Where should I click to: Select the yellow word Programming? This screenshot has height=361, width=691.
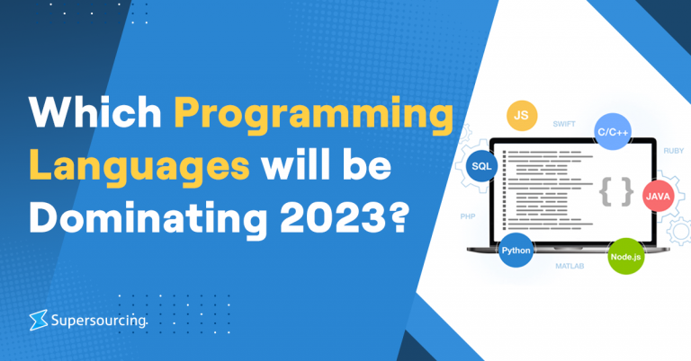pyautogui.click(x=313, y=117)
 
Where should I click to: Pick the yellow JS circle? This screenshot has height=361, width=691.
pyautogui.click(x=520, y=116)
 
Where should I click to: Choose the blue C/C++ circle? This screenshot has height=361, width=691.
pyautogui.click(x=613, y=132)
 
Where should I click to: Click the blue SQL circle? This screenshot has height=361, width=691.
pyautogui.click(x=481, y=167)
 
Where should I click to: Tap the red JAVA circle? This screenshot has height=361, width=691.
pyautogui.click(x=660, y=195)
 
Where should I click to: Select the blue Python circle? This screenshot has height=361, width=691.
pyautogui.click(x=516, y=251)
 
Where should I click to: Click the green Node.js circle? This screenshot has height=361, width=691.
pyautogui.click(x=626, y=257)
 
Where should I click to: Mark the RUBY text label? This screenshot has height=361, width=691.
pyautogui.click(x=674, y=151)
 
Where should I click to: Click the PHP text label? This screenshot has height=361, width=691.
pyautogui.click(x=467, y=216)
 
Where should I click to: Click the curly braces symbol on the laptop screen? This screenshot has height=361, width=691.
pyautogui.click(x=615, y=191)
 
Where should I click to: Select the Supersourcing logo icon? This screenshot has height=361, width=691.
pyautogui.click(x=38, y=318)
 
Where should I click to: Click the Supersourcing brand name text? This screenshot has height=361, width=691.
pyautogui.click(x=98, y=318)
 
